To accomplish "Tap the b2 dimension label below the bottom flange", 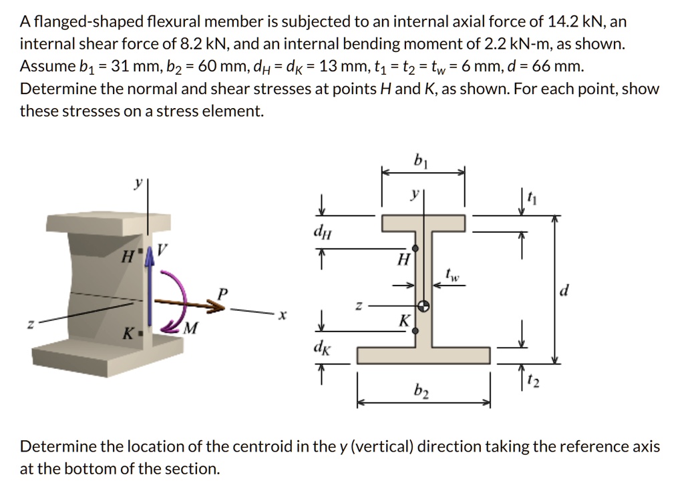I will [x=421, y=392].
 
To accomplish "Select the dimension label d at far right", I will [x=566, y=291].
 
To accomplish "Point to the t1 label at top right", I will [x=532, y=197].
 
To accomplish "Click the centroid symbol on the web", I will [x=423, y=306].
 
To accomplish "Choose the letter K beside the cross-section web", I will [x=403, y=321].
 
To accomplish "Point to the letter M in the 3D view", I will [x=191, y=328].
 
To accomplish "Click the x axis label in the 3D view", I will [x=283, y=316].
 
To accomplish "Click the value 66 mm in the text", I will [x=564, y=66].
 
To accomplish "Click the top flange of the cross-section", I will [x=423, y=223].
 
